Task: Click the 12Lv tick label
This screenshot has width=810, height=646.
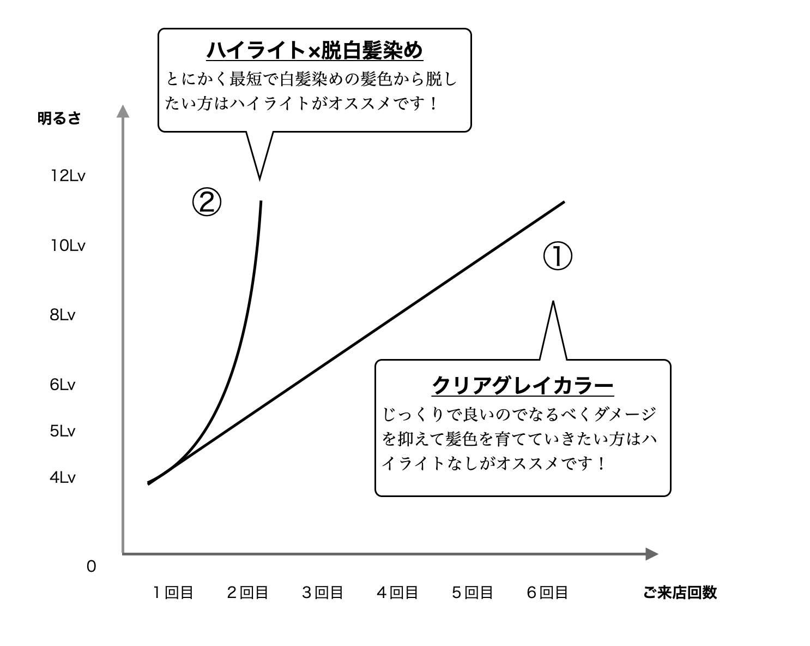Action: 68,176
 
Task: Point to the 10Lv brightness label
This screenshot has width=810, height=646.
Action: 68,246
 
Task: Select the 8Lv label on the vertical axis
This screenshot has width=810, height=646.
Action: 62,315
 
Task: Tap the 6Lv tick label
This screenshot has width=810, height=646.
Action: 62,385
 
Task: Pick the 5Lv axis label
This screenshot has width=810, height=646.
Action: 62,431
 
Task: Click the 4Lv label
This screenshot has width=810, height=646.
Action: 62,477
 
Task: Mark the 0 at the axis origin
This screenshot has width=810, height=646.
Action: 91,567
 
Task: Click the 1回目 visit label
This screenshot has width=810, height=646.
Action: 173,593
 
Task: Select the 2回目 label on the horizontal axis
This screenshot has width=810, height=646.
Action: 247,593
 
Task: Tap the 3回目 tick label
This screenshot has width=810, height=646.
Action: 323,593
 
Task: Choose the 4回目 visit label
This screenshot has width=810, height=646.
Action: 397,593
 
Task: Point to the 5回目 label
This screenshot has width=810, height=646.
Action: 472,593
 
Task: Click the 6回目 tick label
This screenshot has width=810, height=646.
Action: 547,593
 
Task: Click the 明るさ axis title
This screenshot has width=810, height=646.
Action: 59,118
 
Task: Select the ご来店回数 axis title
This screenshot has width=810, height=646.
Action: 680,593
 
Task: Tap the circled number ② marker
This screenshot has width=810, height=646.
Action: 207,202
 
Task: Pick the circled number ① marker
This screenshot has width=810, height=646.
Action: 558,257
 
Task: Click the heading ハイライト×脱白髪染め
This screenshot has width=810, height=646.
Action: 315,51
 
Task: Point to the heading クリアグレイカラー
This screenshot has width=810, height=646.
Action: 523,386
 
